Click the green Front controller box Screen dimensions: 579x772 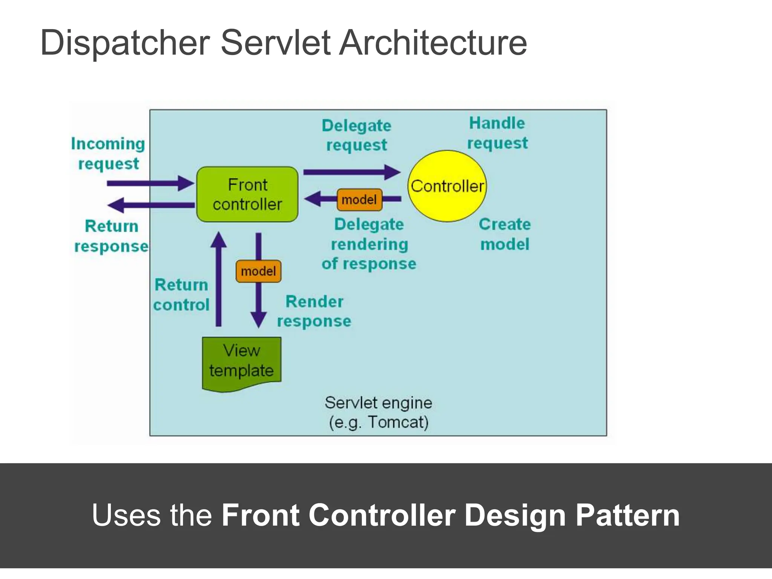(x=247, y=194)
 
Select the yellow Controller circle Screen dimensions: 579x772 (x=447, y=186)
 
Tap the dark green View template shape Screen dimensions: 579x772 (x=242, y=362)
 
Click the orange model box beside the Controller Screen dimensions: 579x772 (x=359, y=199)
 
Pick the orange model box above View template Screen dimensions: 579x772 (x=259, y=271)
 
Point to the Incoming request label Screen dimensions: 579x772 (x=108, y=154)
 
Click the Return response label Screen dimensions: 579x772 (x=111, y=236)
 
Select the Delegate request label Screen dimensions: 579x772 (x=357, y=135)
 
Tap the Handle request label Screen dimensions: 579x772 (x=497, y=133)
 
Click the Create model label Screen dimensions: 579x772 (x=505, y=234)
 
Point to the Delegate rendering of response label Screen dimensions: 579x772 (x=369, y=244)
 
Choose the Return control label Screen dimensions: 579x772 (x=181, y=294)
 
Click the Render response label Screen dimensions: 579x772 (x=314, y=311)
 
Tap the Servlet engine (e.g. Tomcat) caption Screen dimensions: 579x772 (x=378, y=412)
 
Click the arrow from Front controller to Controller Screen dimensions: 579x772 (x=351, y=172)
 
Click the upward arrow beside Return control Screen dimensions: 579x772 (x=219, y=279)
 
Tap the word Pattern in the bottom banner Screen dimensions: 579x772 (x=628, y=515)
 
